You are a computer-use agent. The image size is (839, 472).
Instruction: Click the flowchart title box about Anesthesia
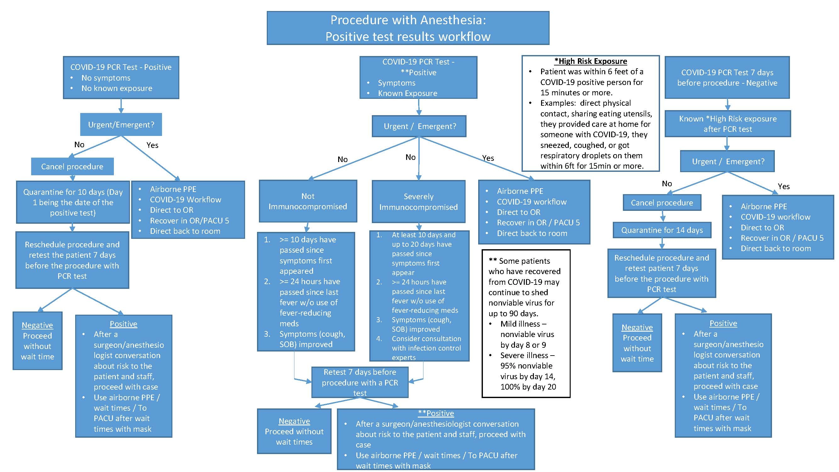(x=408, y=28)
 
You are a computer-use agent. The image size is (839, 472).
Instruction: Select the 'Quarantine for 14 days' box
(x=662, y=230)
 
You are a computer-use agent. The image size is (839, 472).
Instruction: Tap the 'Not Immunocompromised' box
(x=308, y=201)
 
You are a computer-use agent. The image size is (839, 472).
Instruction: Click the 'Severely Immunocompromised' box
(x=418, y=202)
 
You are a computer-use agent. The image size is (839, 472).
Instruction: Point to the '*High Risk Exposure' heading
(x=590, y=61)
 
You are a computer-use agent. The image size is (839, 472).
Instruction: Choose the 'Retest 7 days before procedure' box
(x=360, y=382)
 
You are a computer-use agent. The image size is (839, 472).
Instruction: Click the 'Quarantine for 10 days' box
(x=73, y=202)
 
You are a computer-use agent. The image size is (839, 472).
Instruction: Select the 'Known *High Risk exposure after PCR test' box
(x=728, y=124)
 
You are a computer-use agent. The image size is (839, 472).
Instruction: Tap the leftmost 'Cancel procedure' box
(x=72, y=166)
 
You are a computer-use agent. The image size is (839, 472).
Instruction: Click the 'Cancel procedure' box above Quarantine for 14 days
(x=662, y=203)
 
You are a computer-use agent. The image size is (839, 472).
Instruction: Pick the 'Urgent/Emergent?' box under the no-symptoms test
(x=121, y=124)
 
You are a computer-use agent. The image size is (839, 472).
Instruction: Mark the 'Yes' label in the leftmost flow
(x=152, y=145)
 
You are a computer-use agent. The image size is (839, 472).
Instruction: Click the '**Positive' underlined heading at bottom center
(x=436, y=413)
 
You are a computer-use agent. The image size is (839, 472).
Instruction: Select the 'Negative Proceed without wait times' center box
(x=294, y=431)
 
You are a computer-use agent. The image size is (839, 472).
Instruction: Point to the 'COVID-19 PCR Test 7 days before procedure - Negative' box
(x=727, y=77)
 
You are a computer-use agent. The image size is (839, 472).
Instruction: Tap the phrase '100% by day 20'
(x=528, y=387)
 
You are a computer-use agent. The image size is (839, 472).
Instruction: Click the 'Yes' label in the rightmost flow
(x=783, y=187)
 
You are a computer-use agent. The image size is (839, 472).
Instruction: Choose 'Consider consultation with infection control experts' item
(x=426, y=348)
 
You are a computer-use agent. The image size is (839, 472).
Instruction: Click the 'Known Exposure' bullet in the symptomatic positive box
(x=407, y=93)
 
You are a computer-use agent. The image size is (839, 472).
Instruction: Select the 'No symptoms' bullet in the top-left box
(x=106, y=78)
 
